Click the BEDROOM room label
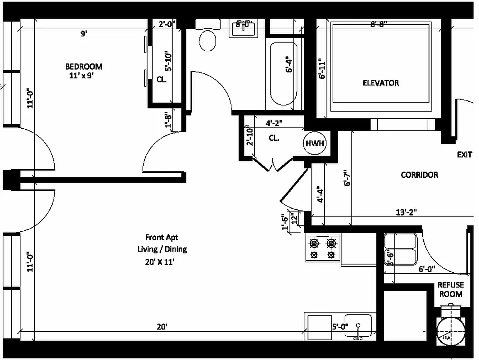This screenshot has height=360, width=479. point(84,67)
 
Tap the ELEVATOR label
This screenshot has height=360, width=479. point(380,83)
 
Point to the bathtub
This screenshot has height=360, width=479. point(283,74)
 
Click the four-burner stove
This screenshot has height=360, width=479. point(323,249)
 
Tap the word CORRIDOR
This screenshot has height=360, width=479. point(419,175)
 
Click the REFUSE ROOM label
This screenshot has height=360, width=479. point(450,289)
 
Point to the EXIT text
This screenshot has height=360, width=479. point(464,154)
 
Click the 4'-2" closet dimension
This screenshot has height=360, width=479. point(275,122)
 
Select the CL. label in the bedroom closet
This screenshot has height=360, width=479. point(161,80)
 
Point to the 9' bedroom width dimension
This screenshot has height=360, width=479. point(84,34)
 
